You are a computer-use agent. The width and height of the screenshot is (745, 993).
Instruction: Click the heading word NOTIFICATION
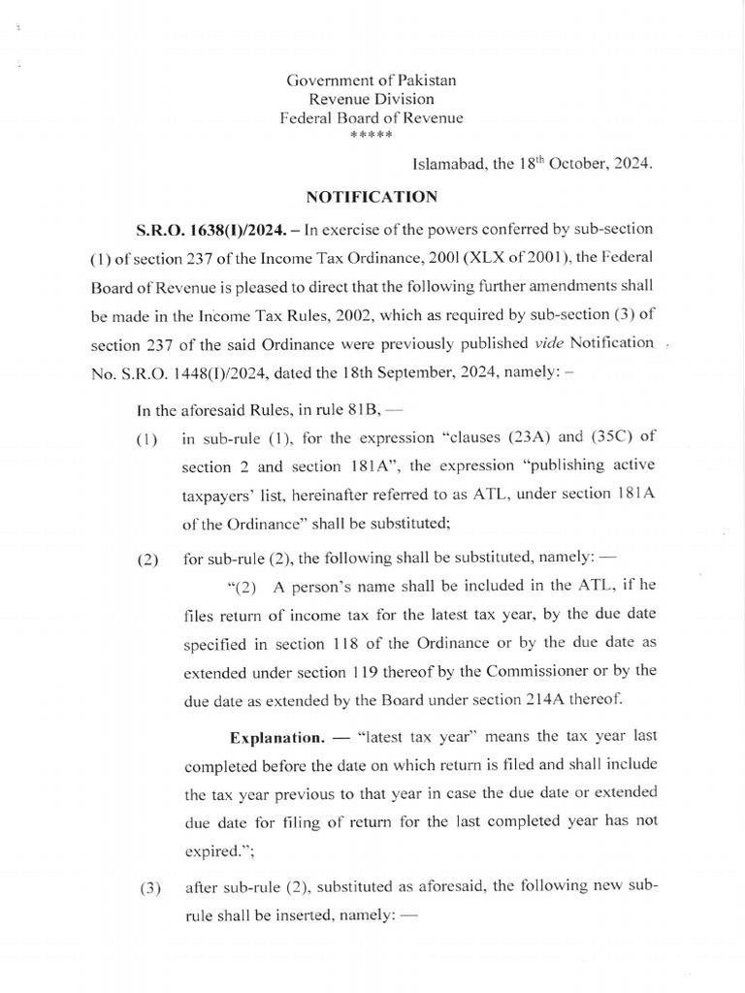[372, 197]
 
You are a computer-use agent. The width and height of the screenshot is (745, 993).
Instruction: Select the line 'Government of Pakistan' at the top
[372, 80]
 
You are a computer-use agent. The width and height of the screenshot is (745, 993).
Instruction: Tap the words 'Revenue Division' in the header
[372, 99]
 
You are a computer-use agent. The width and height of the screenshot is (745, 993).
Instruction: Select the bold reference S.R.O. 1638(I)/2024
[198, 229]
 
